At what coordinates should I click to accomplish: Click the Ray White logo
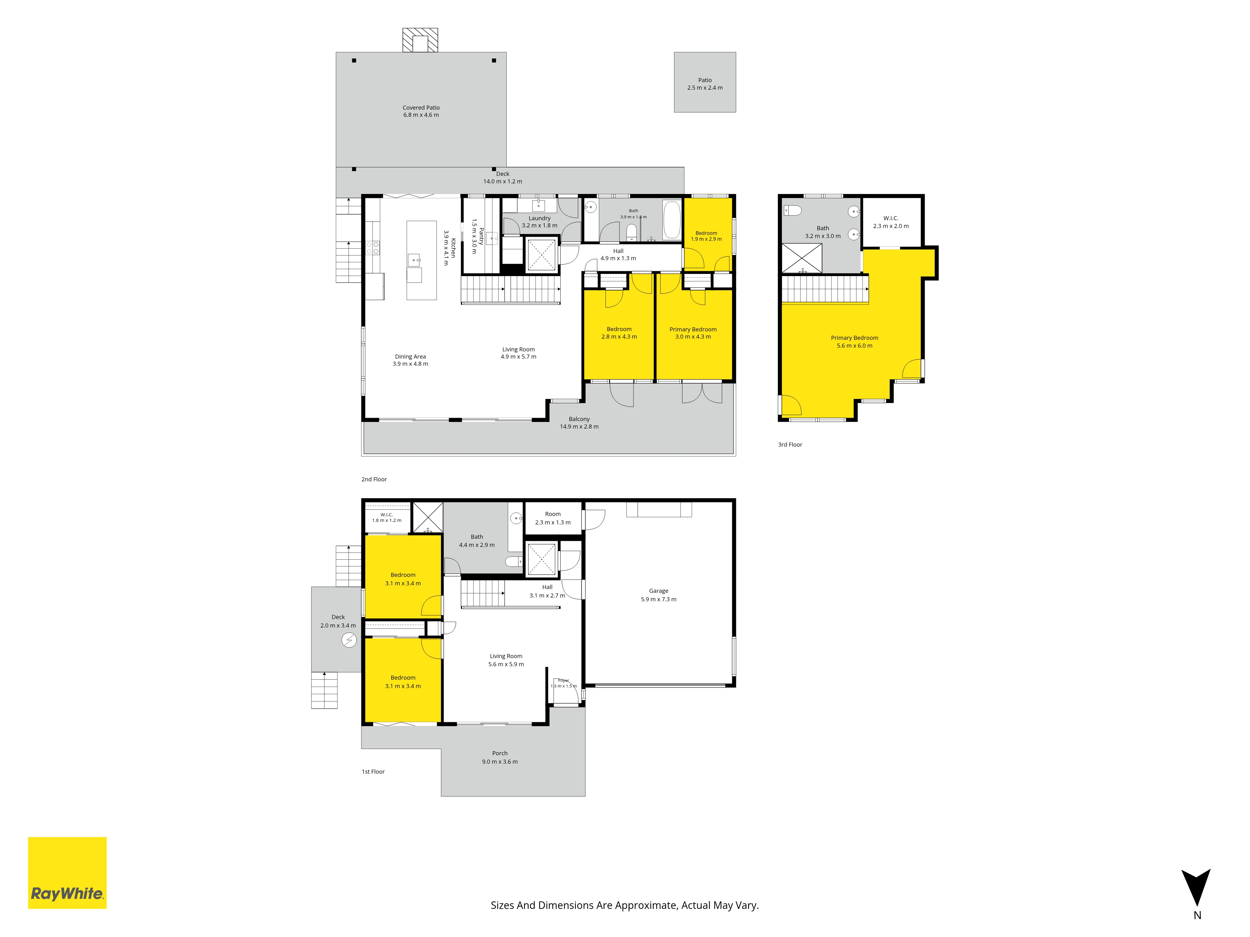(67, 873)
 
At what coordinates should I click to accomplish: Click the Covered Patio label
(421, 111)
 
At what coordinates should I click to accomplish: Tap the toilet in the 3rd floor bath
(793, 211)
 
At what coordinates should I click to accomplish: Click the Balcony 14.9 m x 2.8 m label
(579, 423)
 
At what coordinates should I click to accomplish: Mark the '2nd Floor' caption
(374, 479)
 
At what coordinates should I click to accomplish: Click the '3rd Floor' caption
(790, 444)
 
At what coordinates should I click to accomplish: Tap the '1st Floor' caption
(373, 771)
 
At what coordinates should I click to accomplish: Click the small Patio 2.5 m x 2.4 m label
(705, 84)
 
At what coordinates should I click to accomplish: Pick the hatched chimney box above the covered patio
(420, 40)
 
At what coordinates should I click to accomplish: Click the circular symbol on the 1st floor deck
(349, 640)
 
